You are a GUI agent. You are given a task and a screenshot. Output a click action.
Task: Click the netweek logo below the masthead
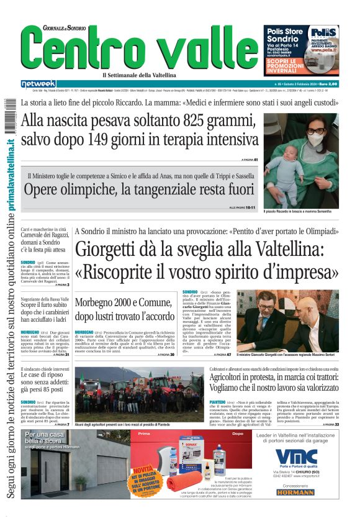(38, 84)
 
